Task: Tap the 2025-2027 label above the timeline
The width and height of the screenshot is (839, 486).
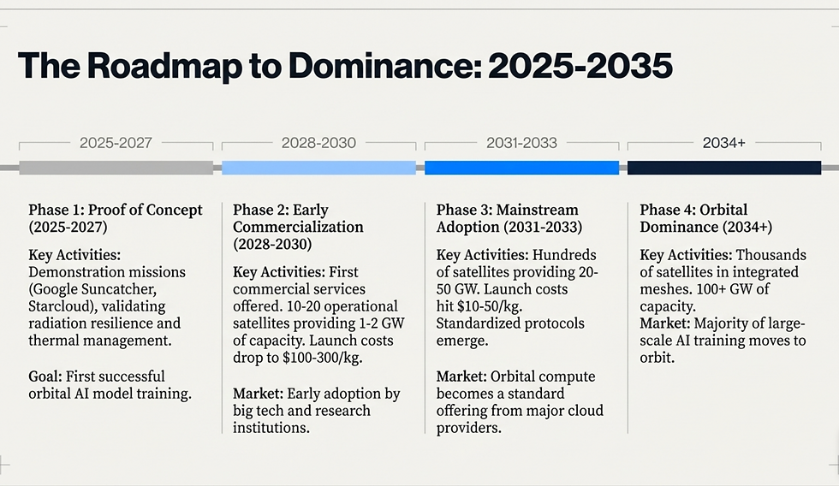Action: [x=116, y=143]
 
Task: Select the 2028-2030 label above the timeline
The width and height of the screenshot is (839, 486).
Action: [x=318, y=143]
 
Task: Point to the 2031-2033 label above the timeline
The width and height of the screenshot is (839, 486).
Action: [x=521, y=143]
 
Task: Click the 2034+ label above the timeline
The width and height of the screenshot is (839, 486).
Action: [x=724, y=143]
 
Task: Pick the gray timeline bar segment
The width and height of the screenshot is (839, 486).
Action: [x=116, y=168]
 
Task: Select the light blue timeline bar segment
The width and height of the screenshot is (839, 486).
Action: [x=318, y=168]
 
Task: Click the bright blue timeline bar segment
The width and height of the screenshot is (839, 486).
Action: [x=521, y=168]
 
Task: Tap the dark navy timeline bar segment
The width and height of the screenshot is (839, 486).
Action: [x=724, y=168]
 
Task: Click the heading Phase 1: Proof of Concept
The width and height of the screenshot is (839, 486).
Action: [x=116, y=210]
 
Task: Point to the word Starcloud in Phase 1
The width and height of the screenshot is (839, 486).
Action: [x=61, y=306]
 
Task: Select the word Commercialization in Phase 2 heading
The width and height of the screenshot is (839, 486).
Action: [x=298, y=228]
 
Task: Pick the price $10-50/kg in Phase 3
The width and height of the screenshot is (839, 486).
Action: [x=491, y=307]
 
